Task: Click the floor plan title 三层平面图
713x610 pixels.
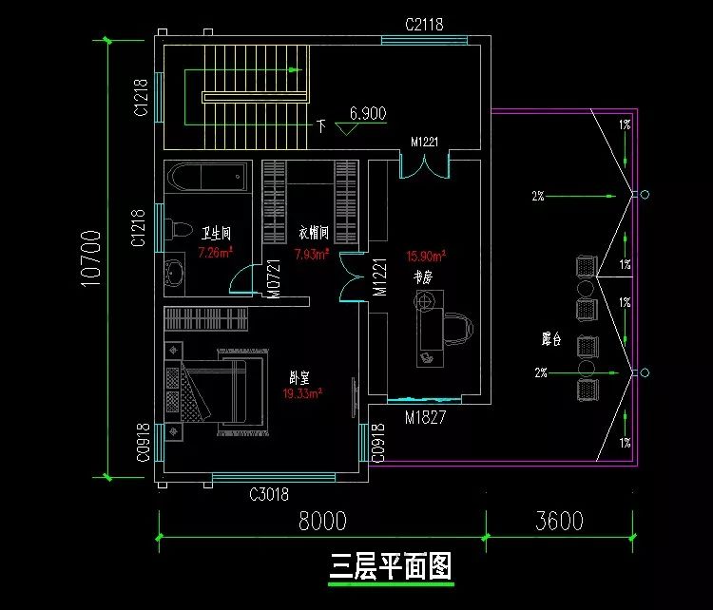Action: (x=391, y=567)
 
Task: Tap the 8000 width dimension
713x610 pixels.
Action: (x=321, y=521)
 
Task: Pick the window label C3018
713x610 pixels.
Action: (x=268, y=494)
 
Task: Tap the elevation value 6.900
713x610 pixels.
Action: (x=367, y=113)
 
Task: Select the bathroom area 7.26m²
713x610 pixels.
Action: (x=216, y=254)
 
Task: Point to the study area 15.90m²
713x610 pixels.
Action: (x=426, y=256)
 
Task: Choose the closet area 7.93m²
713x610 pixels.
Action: (x=312, y=254)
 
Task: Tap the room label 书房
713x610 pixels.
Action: (x=423, y=277)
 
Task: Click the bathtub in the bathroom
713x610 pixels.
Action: (x=207, y=178)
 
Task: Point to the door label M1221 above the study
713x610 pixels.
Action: (x=423, y=143)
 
